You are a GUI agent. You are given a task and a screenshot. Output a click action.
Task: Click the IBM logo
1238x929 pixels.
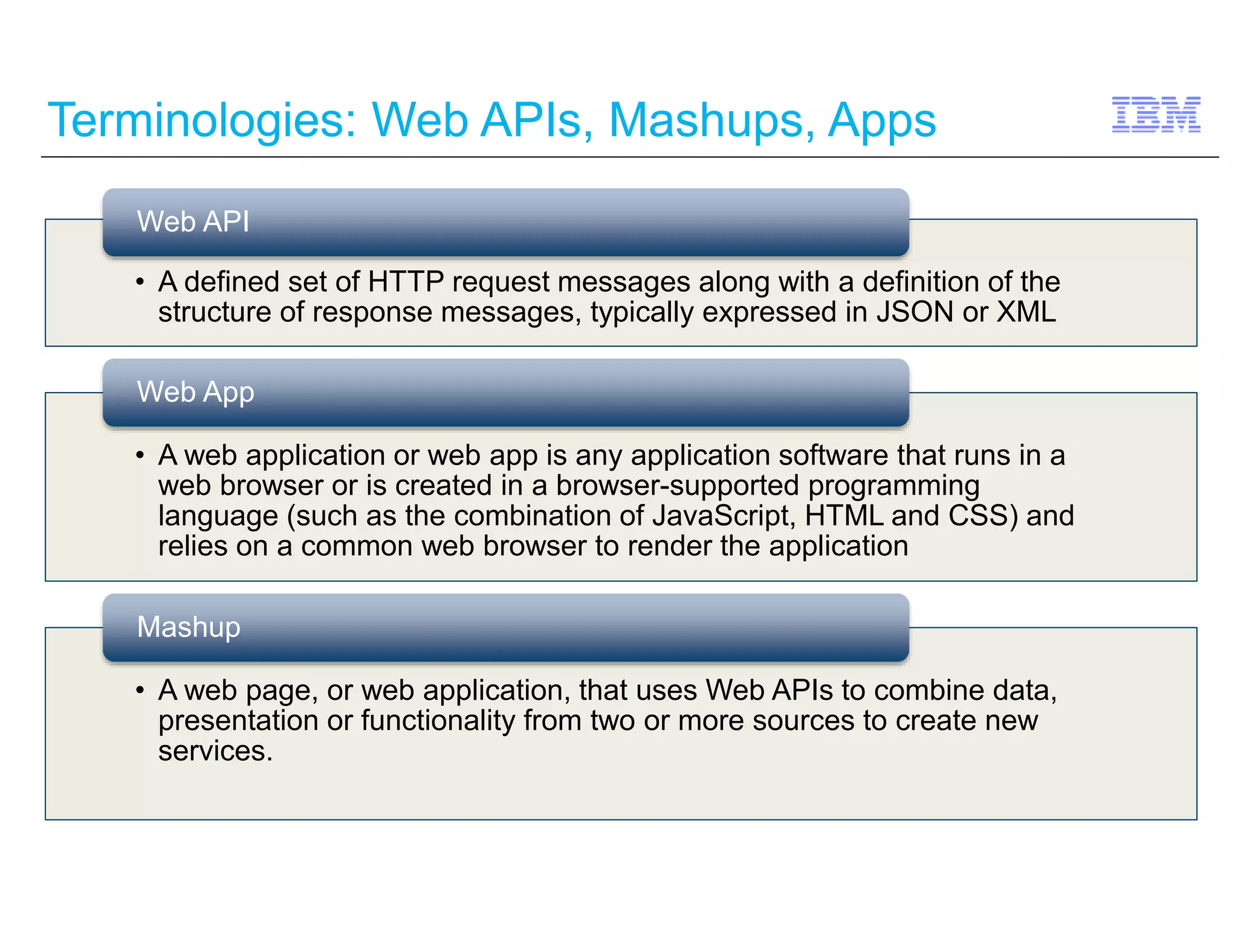click(x=1156, y=114)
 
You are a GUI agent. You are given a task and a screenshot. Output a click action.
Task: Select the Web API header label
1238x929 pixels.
click(x=193, y=221)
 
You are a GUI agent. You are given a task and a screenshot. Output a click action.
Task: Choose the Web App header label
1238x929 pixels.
click(x=195, y=392)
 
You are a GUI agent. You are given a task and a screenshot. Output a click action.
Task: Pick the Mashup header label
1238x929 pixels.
click(x=189, y=627)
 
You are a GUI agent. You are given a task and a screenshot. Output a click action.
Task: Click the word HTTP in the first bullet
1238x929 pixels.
click(x=406, y=282)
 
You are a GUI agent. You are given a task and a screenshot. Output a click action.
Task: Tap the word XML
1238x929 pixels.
click(x=1026, y=312)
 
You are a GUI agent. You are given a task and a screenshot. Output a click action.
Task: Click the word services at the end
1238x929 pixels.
click(x=215, y=751)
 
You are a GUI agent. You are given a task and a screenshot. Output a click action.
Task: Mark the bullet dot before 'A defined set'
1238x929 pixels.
click(x=140, y=282)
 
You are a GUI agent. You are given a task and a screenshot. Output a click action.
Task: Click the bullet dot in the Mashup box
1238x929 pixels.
click(x=140, y=690)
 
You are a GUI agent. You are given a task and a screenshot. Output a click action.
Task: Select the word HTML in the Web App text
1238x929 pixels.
click(x=844, y=516)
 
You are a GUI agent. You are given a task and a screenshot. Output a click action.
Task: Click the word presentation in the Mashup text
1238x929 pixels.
click(x=238, y=720)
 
